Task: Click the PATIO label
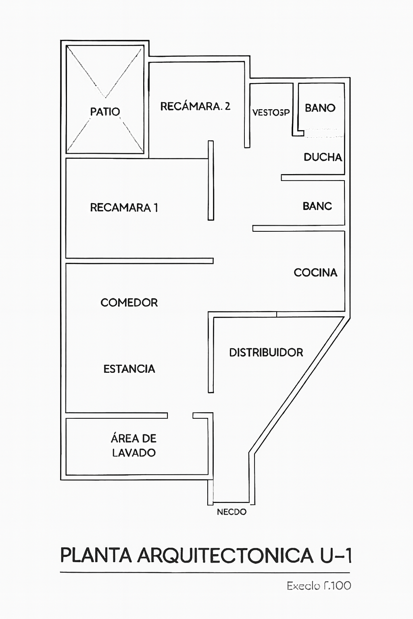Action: (105, 112)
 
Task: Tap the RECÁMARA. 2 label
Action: (195, 106)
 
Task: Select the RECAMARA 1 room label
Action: (124, 208)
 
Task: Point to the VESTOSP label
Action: (271, 112)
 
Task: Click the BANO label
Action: (320, 108)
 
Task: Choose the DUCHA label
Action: (323, 157)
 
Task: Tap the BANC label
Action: (317, 206)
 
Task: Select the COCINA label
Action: (315, 273)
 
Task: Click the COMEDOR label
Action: (129, 303)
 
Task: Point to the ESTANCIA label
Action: (129, 369)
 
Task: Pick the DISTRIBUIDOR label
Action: (266, 353)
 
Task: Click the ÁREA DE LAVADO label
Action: (133, 445)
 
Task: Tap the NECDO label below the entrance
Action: (232, 512)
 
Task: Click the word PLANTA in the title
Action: (96, 555)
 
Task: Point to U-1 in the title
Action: (336, 555)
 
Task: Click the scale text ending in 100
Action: (319, 586)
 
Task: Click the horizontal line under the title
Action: (205, 572)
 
